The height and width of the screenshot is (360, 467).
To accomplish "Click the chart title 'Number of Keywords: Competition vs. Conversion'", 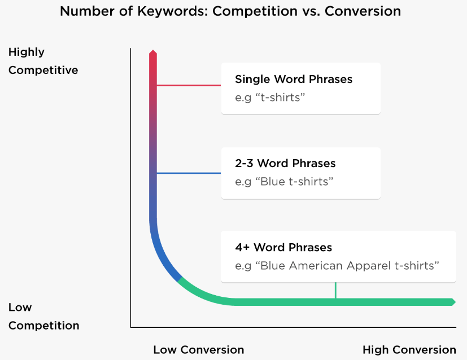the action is [230, 11].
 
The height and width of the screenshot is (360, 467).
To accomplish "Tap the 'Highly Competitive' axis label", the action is [43, 61].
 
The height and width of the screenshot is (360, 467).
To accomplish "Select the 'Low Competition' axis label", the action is [44, 316].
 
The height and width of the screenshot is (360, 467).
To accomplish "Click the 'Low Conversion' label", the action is [199, 350].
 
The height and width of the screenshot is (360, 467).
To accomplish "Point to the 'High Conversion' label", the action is [409, 350].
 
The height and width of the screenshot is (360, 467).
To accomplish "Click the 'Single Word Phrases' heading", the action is [294, 79].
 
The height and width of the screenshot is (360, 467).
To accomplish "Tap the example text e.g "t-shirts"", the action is [270, 98].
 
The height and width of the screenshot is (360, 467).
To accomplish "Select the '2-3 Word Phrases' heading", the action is [285, 163].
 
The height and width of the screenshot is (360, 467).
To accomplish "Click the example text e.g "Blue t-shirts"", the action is [284, 182].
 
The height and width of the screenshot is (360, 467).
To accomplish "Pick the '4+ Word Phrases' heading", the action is [283, 248].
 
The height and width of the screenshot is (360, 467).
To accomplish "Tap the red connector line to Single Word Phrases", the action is [189, 85].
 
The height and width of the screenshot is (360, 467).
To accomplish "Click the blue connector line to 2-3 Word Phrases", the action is [189, 173].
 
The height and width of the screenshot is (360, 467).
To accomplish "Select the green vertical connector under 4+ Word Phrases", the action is [335, 291].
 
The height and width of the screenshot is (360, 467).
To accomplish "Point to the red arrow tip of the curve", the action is [153, 51].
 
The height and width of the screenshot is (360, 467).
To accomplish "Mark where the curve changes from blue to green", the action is [180, 279].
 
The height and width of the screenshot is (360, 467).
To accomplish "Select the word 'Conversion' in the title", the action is [363, 11].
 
